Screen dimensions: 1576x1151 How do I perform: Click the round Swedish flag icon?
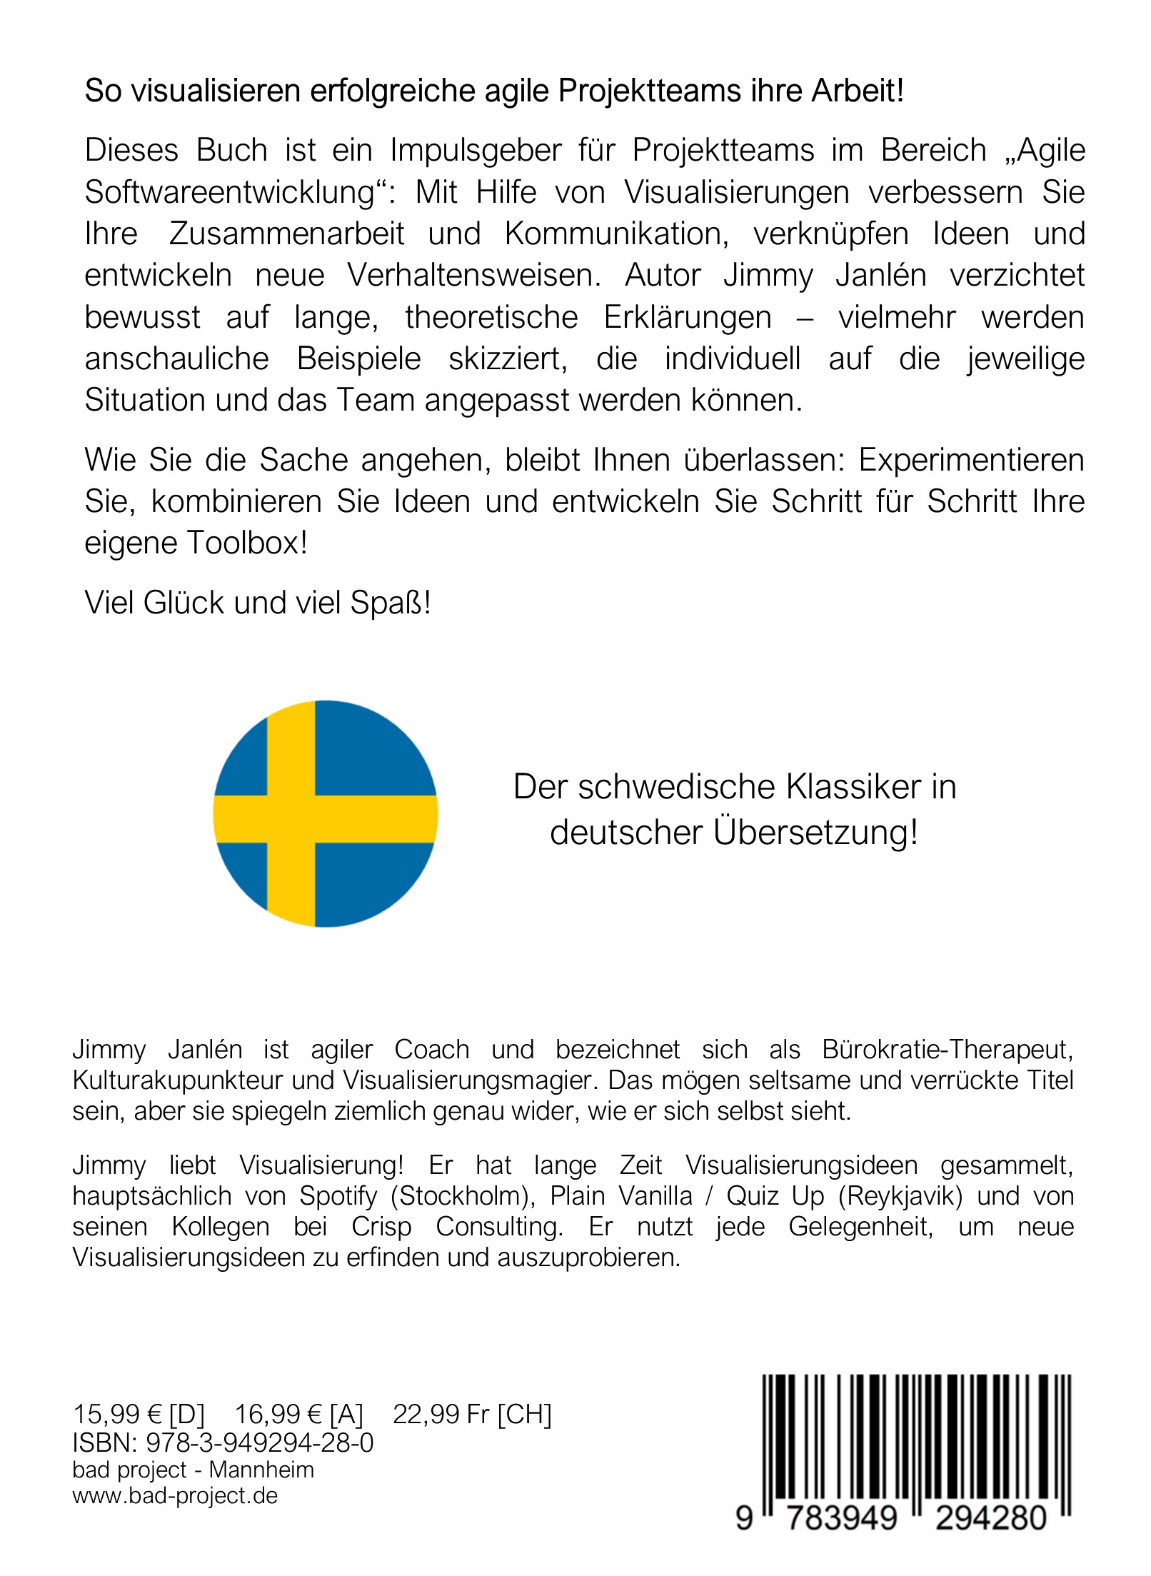[x=325, y=813]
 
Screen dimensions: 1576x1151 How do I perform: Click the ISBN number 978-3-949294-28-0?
[x=260, y=1443]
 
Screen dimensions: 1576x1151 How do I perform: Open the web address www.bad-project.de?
[x=175, y=1495]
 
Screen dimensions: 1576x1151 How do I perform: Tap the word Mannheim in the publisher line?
[x=261, y=1470]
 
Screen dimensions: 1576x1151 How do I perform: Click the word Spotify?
[x=338, y=1195]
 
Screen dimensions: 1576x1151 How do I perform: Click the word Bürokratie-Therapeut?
[x=948, y=1050]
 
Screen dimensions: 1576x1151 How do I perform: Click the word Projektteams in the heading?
[x=640, y=91]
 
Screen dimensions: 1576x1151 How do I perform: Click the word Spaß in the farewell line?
[x=390, y=603]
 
